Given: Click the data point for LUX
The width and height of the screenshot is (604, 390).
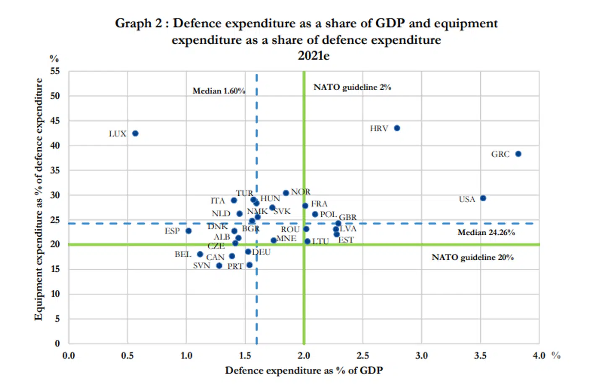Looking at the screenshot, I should click(135, 133).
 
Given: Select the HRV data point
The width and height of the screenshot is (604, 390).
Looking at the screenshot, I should click(397, 128).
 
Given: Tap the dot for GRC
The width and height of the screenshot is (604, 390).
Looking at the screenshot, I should click(518, 154).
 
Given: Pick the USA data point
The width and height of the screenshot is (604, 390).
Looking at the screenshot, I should click(483, 198).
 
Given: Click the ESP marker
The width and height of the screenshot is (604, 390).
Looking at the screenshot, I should click(188, 231).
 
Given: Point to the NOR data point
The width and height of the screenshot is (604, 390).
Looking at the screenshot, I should click(286, 193).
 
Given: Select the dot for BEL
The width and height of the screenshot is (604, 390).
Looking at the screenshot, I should click(200, 254).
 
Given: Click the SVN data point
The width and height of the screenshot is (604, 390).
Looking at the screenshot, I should click(219, 265).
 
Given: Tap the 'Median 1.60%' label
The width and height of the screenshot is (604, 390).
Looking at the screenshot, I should click(219, 91).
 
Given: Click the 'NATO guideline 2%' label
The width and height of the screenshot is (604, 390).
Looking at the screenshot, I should click(352, 87).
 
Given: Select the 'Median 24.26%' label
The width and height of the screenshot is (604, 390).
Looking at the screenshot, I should click(486, 232).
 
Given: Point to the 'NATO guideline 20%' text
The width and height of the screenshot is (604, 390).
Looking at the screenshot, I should click(472, 257).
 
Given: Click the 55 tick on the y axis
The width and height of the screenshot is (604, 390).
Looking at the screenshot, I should click(55, 71).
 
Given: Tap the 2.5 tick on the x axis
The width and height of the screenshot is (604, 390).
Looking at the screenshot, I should click(362, 356).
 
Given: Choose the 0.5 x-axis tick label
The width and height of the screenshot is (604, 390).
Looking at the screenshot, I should click(127, 356).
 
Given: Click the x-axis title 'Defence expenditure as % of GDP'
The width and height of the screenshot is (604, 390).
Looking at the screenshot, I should click(304, 370).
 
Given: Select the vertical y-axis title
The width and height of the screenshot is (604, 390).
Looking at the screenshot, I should click(39, 199).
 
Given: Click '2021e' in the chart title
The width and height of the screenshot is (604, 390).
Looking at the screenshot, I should click(313, 56).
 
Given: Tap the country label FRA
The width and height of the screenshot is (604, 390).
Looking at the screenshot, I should click(319, 204).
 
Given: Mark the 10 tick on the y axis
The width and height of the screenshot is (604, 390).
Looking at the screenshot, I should click(55, 294).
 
